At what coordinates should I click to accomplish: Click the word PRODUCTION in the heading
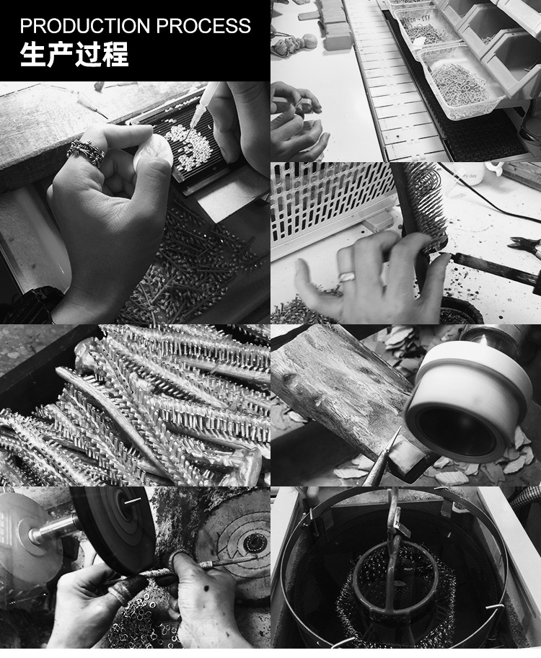[x=85, y=26]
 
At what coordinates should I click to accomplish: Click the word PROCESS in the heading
[x=203, y=26]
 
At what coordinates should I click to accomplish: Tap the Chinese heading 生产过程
[x=74, y=54]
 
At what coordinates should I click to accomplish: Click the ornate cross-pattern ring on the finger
[x=86, y=152]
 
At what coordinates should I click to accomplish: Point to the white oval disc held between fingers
[x=153, y=151]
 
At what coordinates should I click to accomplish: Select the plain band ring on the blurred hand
[x=348, y=277]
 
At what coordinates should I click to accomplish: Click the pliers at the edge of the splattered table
[x=524, y=246]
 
